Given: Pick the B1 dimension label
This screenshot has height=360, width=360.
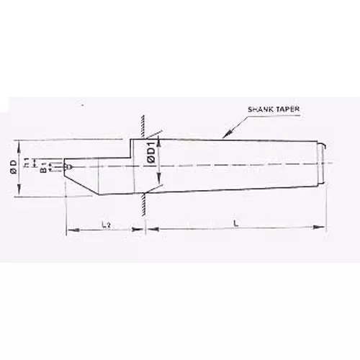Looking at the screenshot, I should pyautogui.click(x=42, y=171).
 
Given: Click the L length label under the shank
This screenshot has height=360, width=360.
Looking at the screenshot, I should pyautogui.click(x=235, y=224).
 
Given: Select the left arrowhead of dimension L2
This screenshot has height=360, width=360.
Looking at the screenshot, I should pyautogui.click(x=69, y=230).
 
